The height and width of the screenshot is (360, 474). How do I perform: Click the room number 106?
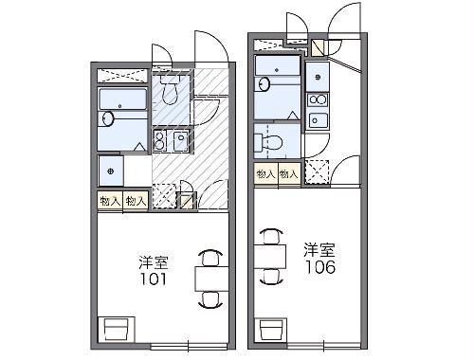tap(319, 268)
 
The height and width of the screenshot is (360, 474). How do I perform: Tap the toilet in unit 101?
tap(171, 92)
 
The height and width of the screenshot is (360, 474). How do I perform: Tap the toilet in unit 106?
tap(269, 142)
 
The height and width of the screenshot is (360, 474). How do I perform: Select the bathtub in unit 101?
tap(122, 100)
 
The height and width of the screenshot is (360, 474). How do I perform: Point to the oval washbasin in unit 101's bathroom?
tap(107, 119)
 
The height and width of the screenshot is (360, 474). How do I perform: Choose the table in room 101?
tap(210, 277)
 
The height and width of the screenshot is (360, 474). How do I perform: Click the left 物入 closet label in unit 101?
tap(110, 201)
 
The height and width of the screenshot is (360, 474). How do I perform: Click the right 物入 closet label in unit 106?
tap(289, 173)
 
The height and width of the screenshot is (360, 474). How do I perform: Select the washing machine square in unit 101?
tap(112, 171)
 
